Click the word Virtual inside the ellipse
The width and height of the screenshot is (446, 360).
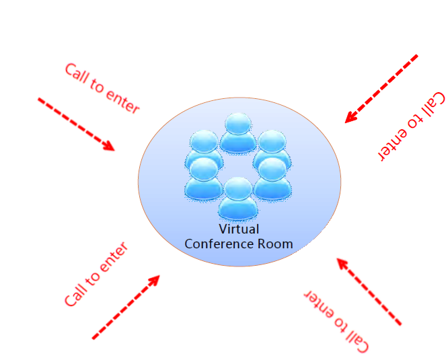(239, 229)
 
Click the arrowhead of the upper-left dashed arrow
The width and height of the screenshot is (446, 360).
(110, 146)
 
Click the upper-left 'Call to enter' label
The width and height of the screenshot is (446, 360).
(102, 88)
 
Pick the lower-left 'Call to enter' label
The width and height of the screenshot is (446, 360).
(96, 275)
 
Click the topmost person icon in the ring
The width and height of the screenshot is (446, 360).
(237, 132)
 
